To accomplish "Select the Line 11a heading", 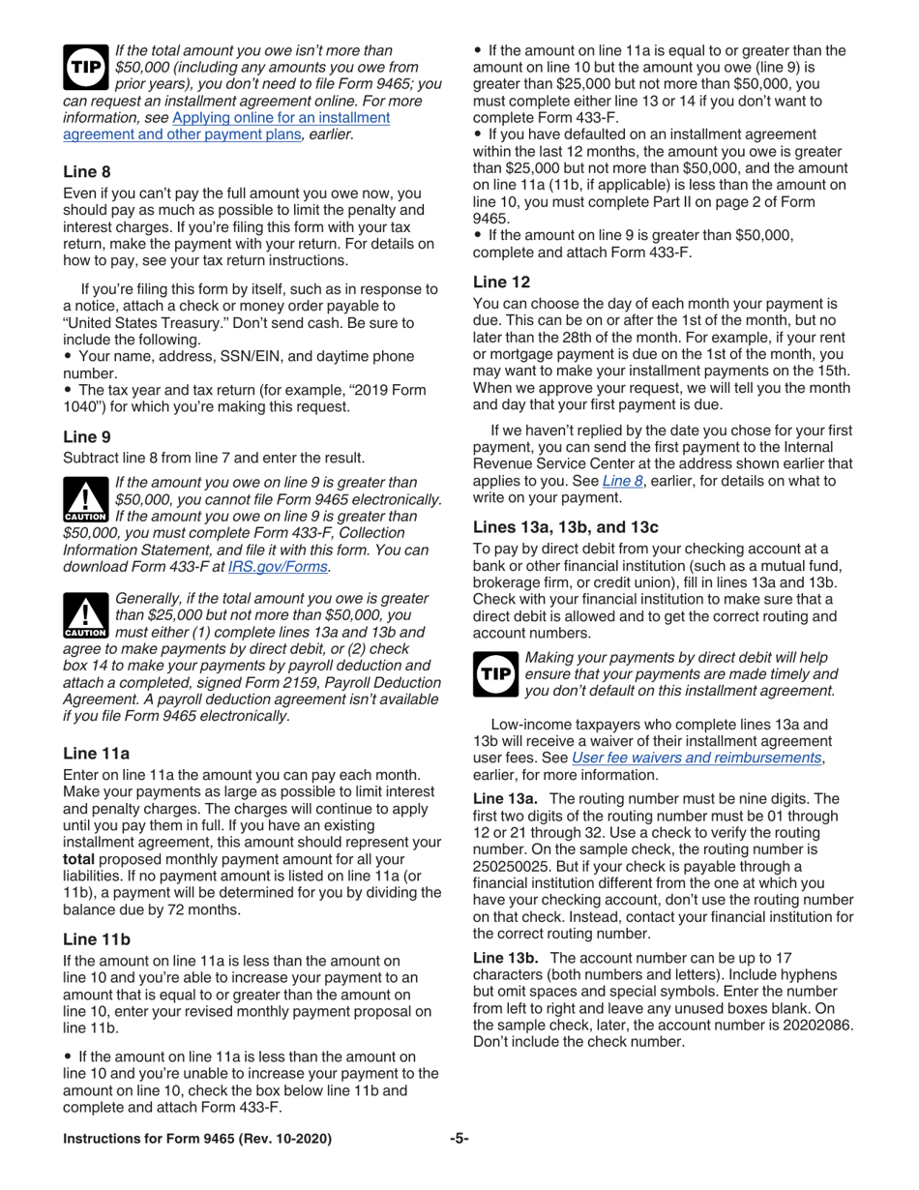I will (x=96, y=753).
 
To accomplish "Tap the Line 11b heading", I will (x=96, y=938).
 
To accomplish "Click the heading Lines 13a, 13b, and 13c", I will (x=565, y=527).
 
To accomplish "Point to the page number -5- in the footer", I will (x=459, y=1139).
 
